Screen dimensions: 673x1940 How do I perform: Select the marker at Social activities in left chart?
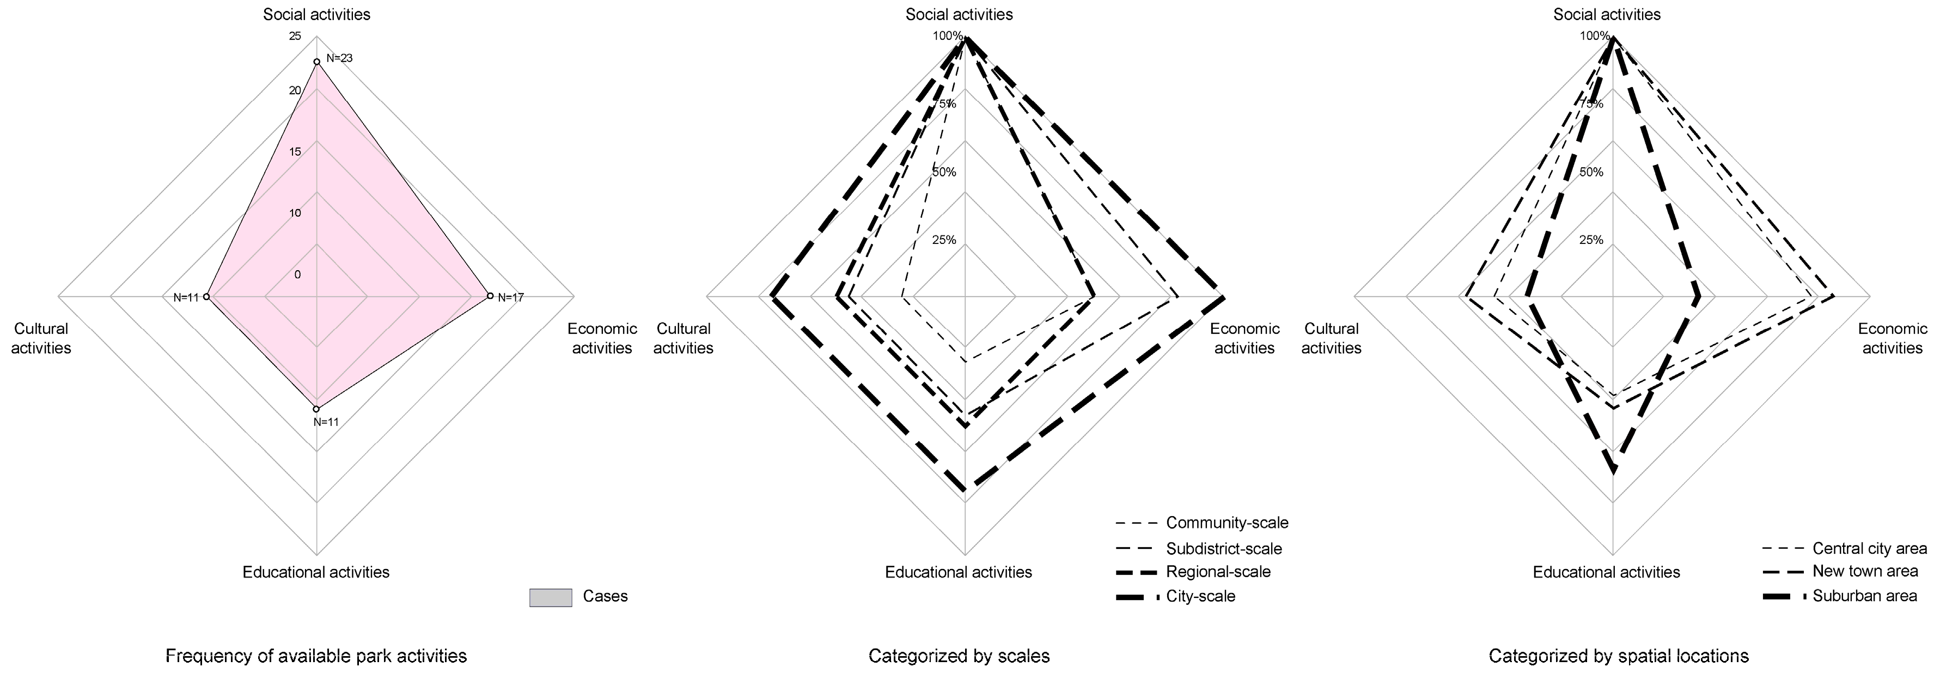click(316, 62)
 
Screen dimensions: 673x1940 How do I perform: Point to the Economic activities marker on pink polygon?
click(490, 296)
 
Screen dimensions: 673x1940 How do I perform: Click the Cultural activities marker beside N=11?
click(207, 297)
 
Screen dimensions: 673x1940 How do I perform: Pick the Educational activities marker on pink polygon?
click(316, 409)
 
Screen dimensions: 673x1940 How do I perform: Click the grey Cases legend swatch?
click(551, 597)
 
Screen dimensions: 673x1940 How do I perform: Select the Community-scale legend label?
click(1227, 522)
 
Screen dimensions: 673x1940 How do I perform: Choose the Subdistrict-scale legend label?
click(1224, 549)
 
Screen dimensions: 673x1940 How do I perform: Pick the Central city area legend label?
click(1869, 549)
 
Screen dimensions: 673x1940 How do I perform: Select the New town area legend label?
click(1865, 571)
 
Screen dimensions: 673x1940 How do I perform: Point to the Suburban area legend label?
click(1864, 596)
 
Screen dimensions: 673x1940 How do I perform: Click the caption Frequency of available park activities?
click(316, 656)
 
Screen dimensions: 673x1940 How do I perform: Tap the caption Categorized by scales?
click(959, 656)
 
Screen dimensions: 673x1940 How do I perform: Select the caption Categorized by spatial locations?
click(1606, 656)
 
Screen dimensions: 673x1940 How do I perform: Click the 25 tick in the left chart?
click(295, 36)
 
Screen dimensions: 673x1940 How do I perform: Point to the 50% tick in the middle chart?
click(944, 173)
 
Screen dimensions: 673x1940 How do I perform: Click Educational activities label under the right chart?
click(1606, 572)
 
